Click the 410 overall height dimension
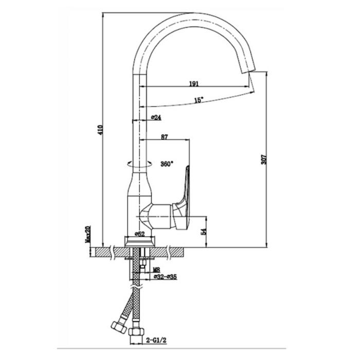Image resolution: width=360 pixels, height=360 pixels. click(x=100, y=130)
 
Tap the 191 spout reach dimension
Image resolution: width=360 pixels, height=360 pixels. click(x=194, y=84)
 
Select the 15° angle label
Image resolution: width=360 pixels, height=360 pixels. click(x=199, y=100)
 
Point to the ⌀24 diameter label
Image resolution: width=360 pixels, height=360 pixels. click(x=156, y=118)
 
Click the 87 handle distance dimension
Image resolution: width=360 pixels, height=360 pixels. click(x=165, y=137)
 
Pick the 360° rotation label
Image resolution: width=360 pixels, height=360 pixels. click(x=167, y=164)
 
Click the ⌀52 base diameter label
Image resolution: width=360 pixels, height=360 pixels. click(x=139, y=234)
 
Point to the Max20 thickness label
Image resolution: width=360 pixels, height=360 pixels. click(x=88, y=234)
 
